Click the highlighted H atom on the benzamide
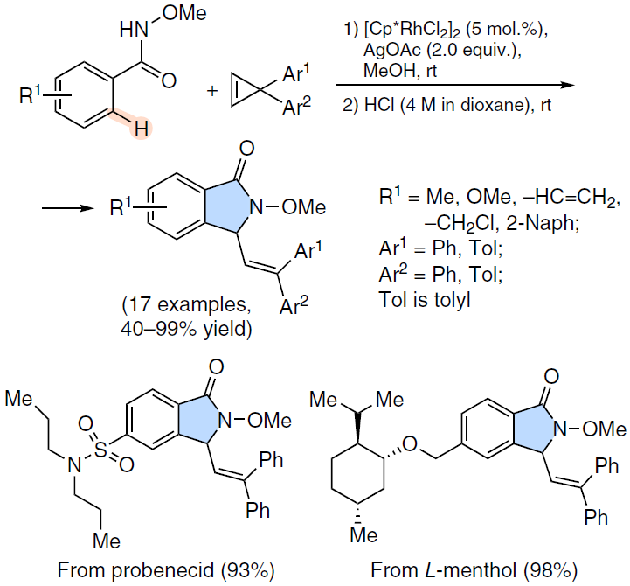tap(141, 129)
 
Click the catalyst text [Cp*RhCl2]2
tap(412, 30)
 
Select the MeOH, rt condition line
tap(400, 70)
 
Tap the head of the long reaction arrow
tap(568, 85)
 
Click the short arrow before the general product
tap(68, 208)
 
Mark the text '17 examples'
tap(187, 304)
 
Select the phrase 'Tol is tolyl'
tap(425, 300)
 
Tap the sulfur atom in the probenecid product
tap(100, 450)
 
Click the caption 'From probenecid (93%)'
tap(165, 570)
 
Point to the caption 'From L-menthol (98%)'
tap(474, 570)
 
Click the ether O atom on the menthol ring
tap(410, 444)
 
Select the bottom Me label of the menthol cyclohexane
tap(363, 535)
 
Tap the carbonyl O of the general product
tap(246, 149)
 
